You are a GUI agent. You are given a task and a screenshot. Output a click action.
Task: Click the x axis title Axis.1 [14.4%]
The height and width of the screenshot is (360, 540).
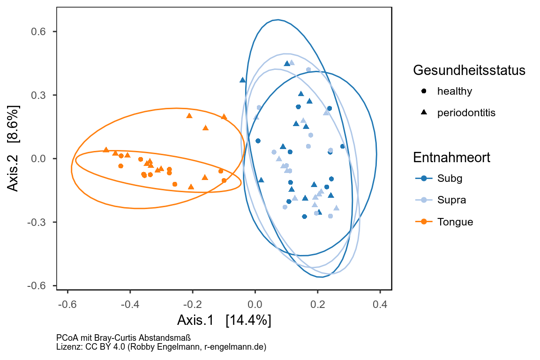[x=224, y=321]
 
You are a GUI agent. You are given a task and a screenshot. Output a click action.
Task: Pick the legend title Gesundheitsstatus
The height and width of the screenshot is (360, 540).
[x=469, y=70]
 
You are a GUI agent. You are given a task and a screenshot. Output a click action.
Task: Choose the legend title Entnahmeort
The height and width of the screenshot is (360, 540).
[x=452, y=157]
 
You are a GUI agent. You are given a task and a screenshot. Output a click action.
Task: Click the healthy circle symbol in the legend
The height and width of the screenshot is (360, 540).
[x=424, y=91]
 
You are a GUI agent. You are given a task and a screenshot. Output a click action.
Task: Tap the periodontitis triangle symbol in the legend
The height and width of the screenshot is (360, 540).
[x=424, y=112]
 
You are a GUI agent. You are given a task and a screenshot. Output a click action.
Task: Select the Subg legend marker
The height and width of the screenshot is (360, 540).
[x=424, y=178]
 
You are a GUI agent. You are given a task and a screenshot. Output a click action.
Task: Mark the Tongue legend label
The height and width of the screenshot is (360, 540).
[x=455, y=222]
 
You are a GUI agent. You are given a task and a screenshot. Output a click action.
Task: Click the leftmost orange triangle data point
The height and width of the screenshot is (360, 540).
[x=106, y=150]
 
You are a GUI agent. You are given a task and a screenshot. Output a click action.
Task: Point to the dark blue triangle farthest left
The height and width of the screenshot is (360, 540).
[x=242, y=80]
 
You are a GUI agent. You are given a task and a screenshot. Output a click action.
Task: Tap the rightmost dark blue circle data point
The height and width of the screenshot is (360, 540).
[x=342, y=146]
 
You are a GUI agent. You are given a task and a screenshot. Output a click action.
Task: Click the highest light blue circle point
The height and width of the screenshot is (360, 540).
[x=308, y=69]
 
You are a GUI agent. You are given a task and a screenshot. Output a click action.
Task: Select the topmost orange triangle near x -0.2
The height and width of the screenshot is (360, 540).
[x=189, y=116]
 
